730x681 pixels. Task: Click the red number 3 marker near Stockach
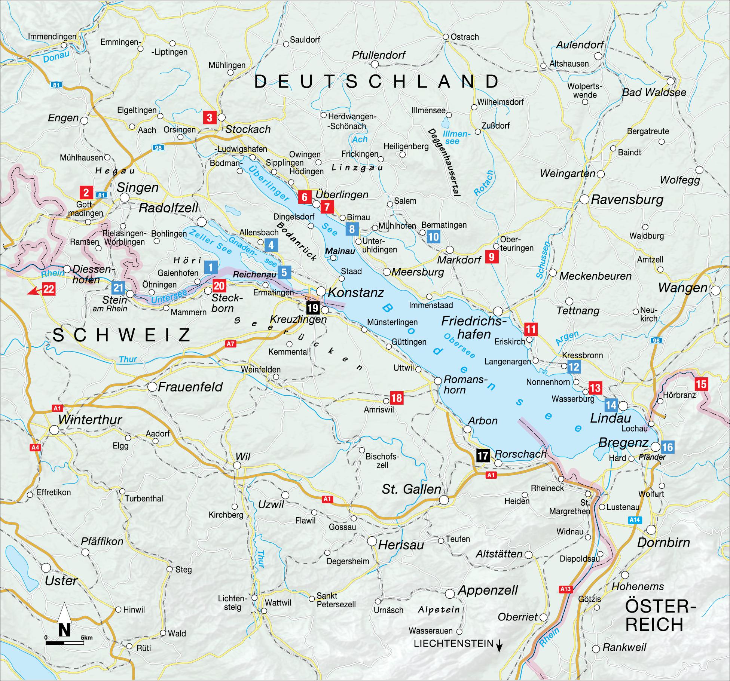click(x=209, y=117)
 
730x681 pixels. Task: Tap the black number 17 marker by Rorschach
click(x=483, y=455)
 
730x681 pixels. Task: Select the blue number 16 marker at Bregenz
click(x=668, y=447)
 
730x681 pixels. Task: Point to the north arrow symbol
click(x=64, y=619)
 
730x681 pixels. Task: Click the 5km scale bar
click(x=64, y=642)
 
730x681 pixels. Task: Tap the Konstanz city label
click(x=356, y=292)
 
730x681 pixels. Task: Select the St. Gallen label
click(x=411, y=489)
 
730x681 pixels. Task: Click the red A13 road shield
click(x=566, y=589)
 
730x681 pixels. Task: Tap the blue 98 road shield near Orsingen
click(x=158, y=148)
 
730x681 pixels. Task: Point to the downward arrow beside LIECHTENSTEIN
click(x=499, y=645)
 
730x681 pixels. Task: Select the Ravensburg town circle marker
click(x=584, y=199)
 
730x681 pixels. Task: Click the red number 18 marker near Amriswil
click(x=397, y=398)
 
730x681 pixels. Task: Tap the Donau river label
click(x=56, y=56)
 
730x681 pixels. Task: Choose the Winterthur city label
click(x=90, y=420)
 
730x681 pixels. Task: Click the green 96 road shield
click(x=656, y=340)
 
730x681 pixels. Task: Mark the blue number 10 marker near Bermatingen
click(x=433, y=236)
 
